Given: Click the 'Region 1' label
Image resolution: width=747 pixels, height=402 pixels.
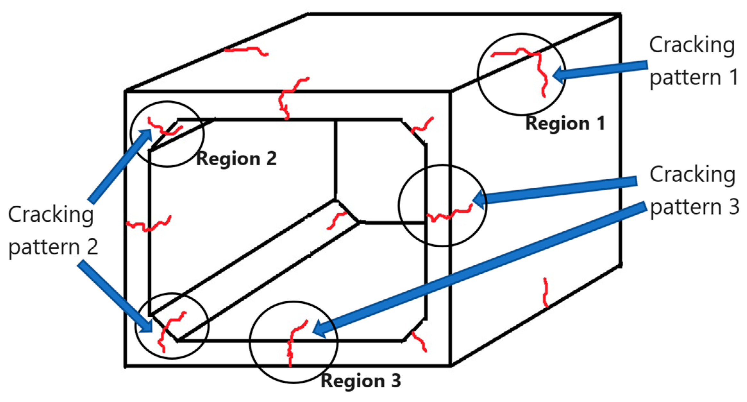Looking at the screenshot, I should click(565, 124).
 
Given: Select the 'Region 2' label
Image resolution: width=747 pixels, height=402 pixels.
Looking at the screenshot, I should click(236, 158).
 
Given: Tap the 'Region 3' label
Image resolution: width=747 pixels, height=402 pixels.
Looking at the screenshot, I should click(361, 381).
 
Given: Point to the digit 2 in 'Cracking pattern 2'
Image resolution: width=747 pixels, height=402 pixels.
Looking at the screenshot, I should click(92, 247).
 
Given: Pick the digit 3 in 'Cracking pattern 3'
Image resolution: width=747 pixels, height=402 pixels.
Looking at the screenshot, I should click(734, 207).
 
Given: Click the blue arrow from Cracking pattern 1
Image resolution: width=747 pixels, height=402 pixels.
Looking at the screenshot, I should click(600, 70).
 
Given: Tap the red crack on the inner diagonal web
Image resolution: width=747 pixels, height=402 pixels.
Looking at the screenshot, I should click(336, 220).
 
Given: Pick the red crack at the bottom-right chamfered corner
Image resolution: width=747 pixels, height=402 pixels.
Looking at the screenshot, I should click(419, 341).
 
